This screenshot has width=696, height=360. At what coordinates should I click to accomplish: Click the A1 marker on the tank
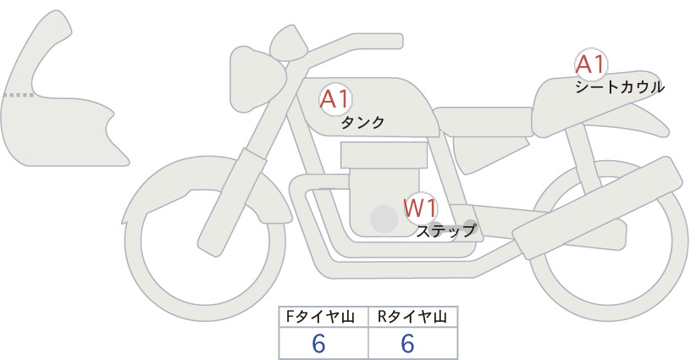tap(335, 99)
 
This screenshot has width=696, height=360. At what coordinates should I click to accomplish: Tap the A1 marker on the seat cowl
tap(591, 64)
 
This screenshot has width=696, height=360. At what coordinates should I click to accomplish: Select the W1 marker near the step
tap(421, 208)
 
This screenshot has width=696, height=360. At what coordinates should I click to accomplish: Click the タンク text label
tap(362, 123)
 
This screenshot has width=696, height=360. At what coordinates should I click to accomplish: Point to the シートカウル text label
tap(620, 87)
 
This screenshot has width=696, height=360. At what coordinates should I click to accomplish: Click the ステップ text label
tap(445, 231)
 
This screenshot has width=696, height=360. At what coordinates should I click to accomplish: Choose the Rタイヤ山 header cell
tap(413, 317)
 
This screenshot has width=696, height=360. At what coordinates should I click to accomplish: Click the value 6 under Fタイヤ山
tap(318, 343)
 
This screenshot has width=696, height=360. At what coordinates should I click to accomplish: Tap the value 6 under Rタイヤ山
tap(407, 343)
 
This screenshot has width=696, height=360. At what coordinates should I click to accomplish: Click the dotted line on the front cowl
tap(18, 95)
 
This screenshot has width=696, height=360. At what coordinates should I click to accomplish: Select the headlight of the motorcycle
tap(258, 79)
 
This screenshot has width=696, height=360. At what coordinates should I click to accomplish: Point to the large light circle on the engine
tap(384, 219)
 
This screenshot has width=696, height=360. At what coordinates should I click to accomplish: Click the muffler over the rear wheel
tap(598, 208)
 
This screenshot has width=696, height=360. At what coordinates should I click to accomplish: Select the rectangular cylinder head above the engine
tap(384, 155)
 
